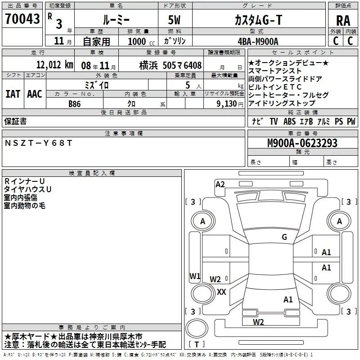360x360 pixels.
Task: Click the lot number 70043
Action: coord(22,18)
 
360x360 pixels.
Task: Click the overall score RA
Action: coord(343,20)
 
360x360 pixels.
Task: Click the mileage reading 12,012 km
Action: coord(54,64)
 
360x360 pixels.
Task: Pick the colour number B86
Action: coord(75,103)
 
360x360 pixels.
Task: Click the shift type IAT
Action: coord(13,94)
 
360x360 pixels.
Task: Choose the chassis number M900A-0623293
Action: coord(302,143)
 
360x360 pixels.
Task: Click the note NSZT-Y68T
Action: coord(38,143)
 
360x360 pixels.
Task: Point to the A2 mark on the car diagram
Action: coord(220,184)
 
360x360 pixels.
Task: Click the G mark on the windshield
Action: coord(284,237)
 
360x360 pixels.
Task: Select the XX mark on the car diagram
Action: coord(221,292)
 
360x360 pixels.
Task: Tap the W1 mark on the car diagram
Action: coord(195,276)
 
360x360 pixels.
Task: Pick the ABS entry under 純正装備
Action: coord(289,121)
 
